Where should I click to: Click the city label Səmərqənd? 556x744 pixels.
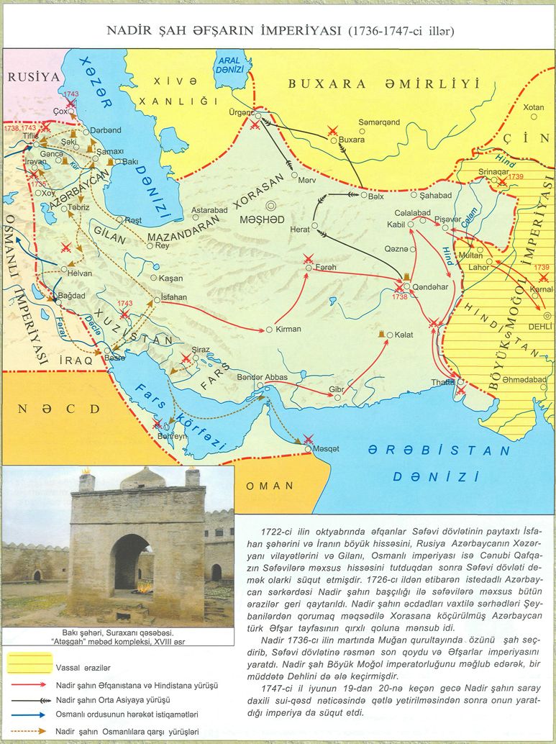coord(379,122)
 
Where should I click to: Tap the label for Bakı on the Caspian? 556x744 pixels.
coord(130,162)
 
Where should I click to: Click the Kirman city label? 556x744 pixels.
coord(287,329)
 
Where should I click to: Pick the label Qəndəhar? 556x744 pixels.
coord(431,286)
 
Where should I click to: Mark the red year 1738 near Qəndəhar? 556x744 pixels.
coord(400,296)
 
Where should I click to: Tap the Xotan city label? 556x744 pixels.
coord(533,107)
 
